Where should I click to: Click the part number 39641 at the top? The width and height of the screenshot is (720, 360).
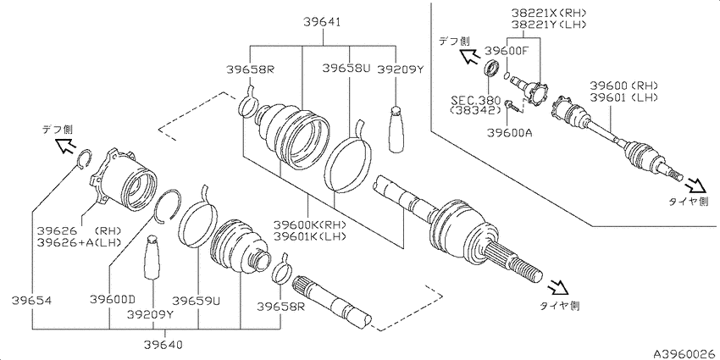pyautogui.click(x=322, y=21)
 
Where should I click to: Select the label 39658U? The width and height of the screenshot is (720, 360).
pyautogui.click(x=346, y=68)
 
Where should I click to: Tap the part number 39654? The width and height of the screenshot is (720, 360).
pyautogui.click(x=31, y=301)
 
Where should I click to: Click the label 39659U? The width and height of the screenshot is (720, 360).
pyautogui.click(x=196, y=301)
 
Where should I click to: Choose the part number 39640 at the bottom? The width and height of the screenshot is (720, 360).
pyautogui.click(x=163, y=344)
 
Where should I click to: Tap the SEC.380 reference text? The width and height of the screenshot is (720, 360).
pyautogui.click(x=474, y=100)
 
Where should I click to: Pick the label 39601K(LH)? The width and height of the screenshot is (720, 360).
pyautogui.click(x=309, y=236)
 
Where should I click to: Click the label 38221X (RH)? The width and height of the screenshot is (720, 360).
pyautogui.click(x=549, y=13)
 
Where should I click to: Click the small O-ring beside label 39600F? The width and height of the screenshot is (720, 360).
pyautogui.click(x=507, y=75)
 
